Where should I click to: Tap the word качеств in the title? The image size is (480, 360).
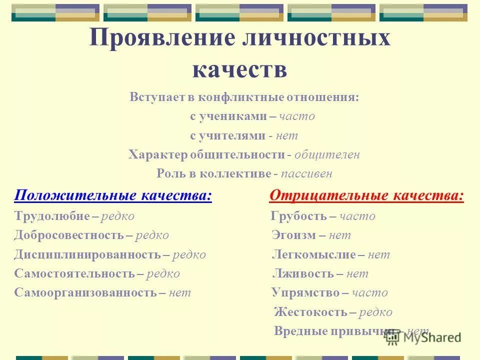tap(239, 69)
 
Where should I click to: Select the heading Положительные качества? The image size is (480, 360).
tap(113, 196)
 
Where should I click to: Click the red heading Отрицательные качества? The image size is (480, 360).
tap(366, 196)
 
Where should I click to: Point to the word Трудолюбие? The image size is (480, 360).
tap(52, 216)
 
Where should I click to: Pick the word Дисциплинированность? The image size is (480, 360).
tap(87, 254)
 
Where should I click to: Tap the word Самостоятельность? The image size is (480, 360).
tap(74, 273)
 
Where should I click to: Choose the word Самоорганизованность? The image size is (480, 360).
tap(85, 292)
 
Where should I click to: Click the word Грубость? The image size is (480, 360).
tap(298, 216)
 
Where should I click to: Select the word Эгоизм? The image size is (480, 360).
tap(292, 235)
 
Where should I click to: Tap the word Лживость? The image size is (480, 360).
tap(302, 273)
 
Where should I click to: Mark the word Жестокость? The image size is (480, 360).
tap(310, 312)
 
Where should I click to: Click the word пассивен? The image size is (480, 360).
tap(306, 174)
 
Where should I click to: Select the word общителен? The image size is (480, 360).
tap(327, 155)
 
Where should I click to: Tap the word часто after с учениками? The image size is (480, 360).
tap(297, 116)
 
